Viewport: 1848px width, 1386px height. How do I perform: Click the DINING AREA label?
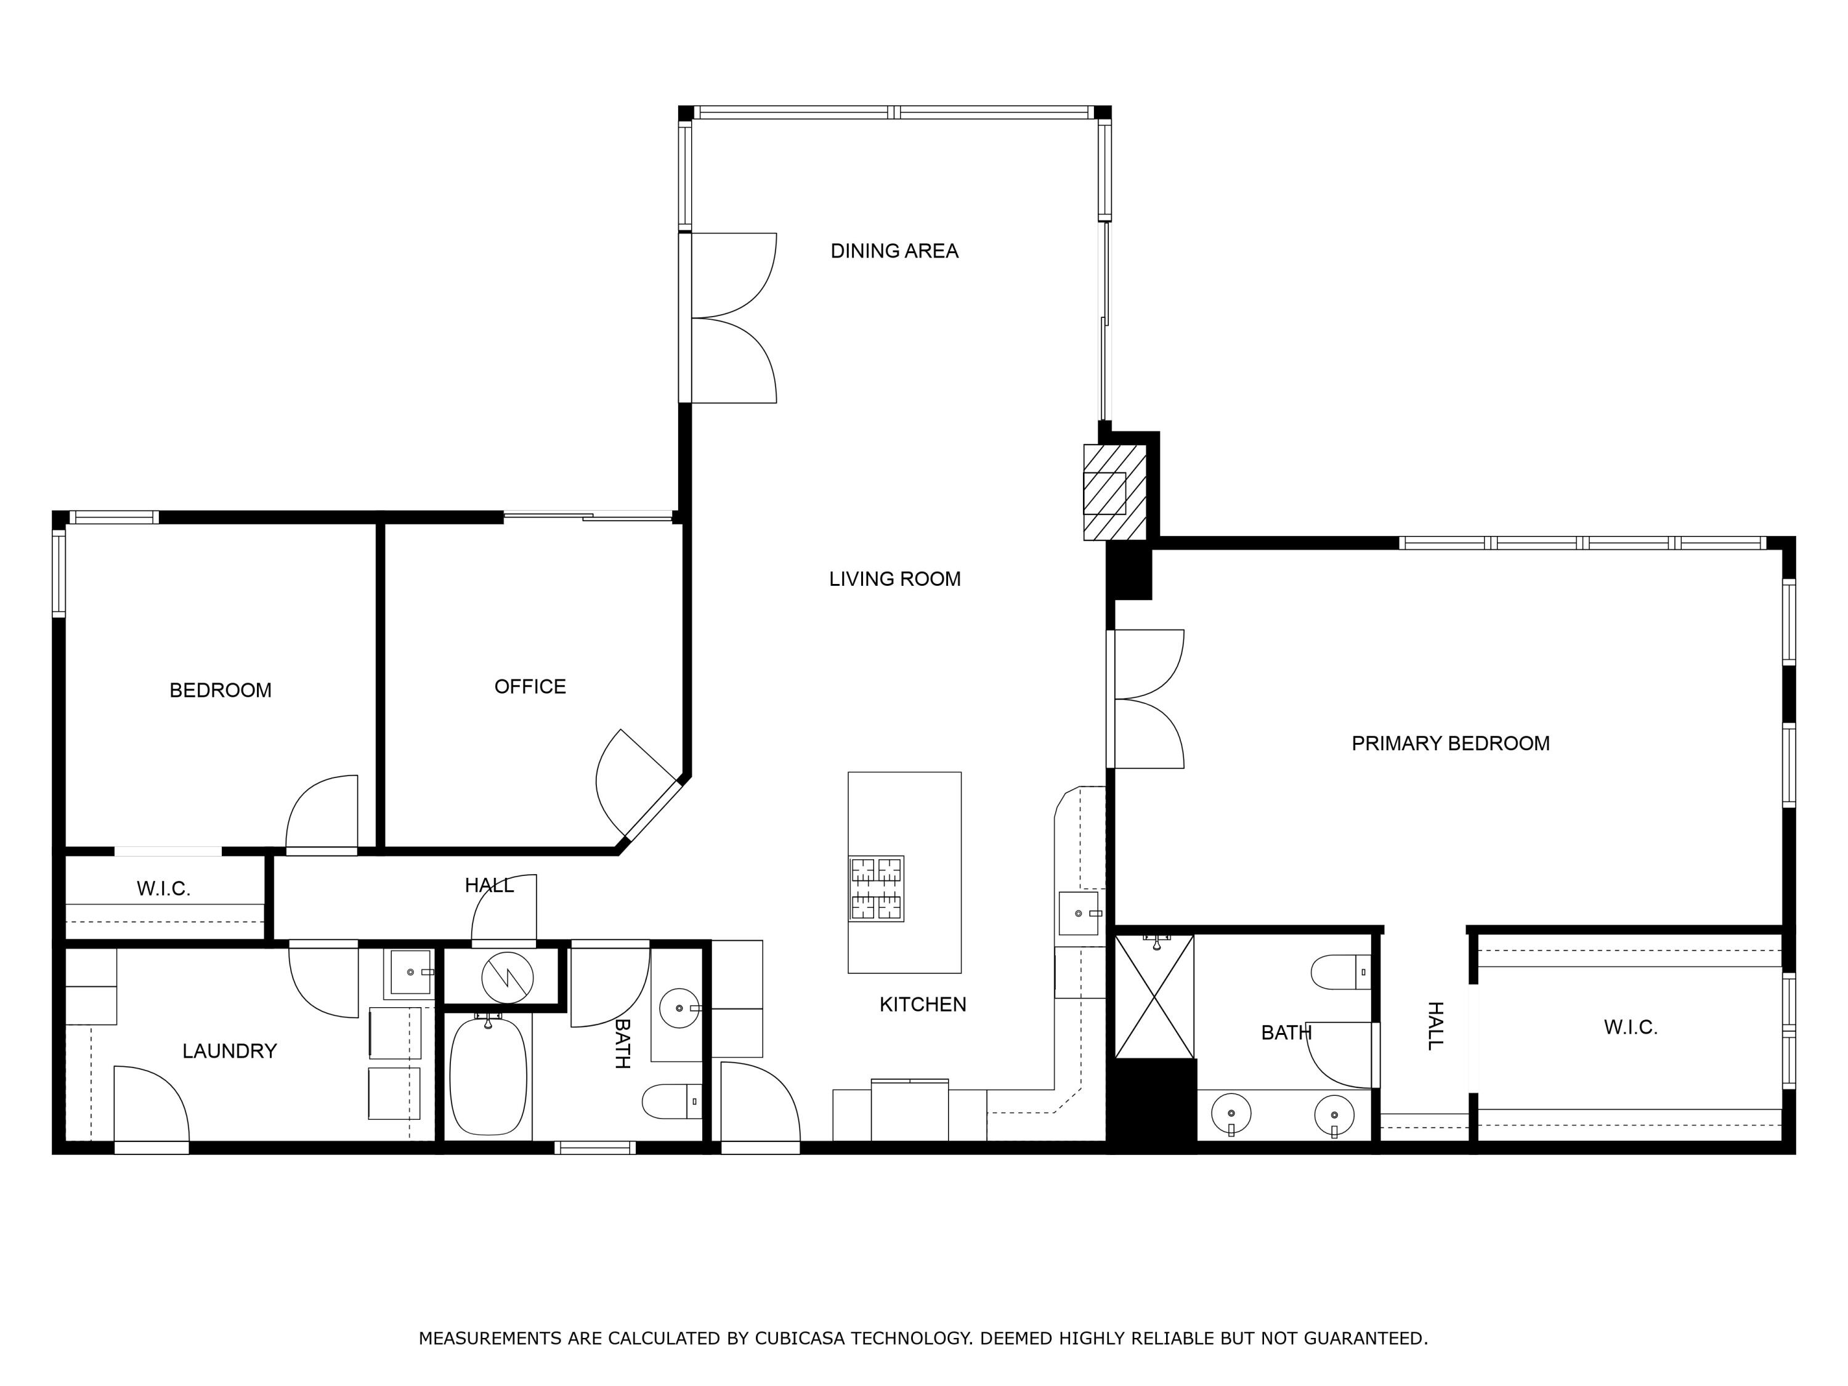894,251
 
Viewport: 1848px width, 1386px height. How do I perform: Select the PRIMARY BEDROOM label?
1449,744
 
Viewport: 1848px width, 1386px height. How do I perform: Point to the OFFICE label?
530,687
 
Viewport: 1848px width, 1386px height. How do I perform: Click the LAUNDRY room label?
229,1051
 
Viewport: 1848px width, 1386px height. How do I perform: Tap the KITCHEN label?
922,1004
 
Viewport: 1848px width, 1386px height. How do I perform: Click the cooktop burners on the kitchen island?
877,889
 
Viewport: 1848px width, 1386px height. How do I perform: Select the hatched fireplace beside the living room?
1114,492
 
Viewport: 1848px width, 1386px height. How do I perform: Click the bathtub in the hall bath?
488,1076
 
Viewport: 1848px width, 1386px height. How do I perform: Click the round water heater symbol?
507,976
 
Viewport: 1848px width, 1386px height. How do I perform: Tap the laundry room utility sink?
410,973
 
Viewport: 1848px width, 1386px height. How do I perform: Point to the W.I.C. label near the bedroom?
164,889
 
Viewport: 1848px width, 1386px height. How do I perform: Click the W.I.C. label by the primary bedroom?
1630,1027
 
